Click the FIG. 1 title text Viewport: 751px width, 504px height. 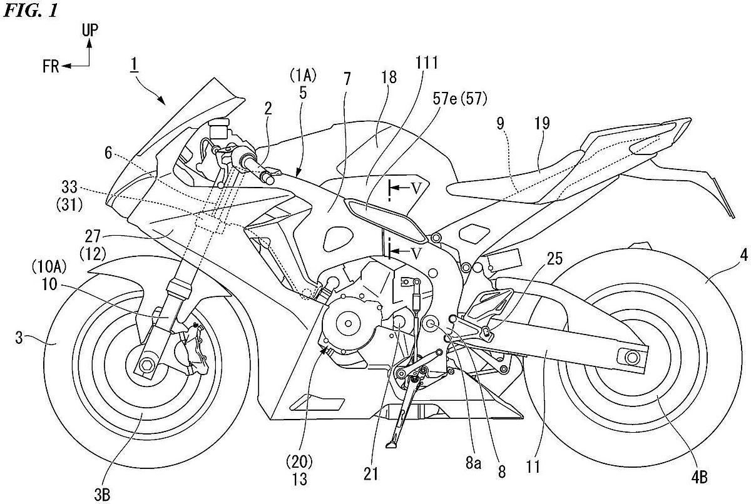pyautogui.click(x=31, y=11)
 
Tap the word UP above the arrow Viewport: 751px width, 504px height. pyautogui.click(x=90, y=31)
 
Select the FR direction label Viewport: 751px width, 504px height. pyautogui.click(x=51, y=66)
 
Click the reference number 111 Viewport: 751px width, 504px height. pyautogui.click(x=427, y=63)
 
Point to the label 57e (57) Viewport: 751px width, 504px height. pyautogui.click(x=459, y=99)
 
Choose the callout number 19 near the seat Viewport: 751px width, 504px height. pyautogui.click(x=542, y=123)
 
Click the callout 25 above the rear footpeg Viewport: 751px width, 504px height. pyautogui.click(x=555, y=259)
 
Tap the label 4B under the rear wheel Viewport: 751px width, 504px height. pyautogui.click(x=700, y=478)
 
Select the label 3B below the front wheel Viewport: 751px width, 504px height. pyautogui.click(x=102, y=495)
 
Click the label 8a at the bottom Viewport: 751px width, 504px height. pyautogui.click(x=473, y=463)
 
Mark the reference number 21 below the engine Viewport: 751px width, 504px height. pyautogui.click(x=370, y=474)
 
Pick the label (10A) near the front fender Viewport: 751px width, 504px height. pyautogui.click(x=49, y=267)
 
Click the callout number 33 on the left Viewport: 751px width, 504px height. pyautogui.click(x=69, y=187)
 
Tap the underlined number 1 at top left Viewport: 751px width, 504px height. pyautogui.click(x=134, y=64)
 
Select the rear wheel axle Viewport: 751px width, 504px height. pyautogui.click(x=631, y=357)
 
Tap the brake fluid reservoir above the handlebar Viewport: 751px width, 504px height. pyautogui.click(x=218, y=128)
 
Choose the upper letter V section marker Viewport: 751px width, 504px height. pyautogui.click(x=416, y=189)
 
